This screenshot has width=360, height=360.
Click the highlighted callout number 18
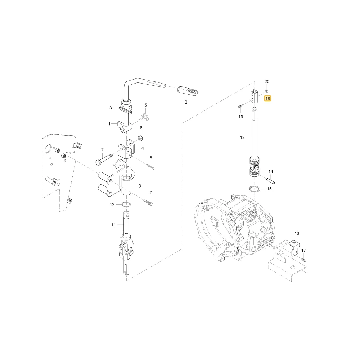pos(268,99)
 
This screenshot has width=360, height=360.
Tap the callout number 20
pos(267,81)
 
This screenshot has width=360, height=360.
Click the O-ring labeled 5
pos(146,116)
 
